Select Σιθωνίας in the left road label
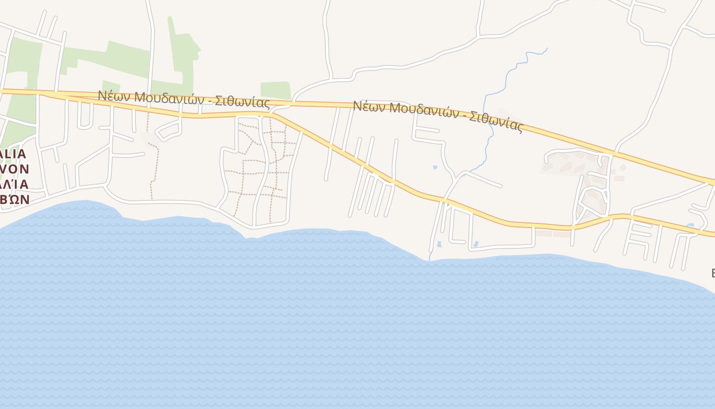pyautogui.click(x=242, y=102)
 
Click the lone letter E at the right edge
pyautogui.click(x=713, y=273)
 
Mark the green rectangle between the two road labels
pyautogui.click(x=276, y=90)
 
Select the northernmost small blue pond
pyautogui.click(x=435, y=167)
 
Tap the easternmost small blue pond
pyautogui.click(x=690, y=225)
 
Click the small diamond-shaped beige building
pyautogui.click(x=623, y=167)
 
